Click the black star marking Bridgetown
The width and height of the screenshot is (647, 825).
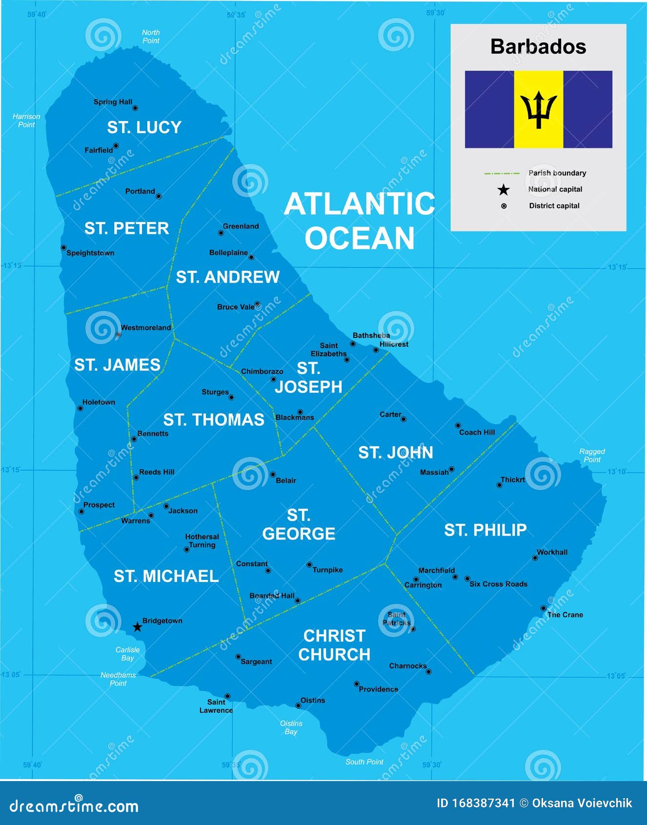[138, 627]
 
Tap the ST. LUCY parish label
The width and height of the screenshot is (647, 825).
[144, 127]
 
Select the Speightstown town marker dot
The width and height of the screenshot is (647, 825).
[63, 248]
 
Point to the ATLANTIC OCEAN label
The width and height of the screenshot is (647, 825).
[360, 221]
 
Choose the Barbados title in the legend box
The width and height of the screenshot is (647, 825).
[538, 47]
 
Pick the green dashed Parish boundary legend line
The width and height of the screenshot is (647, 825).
[502, 173]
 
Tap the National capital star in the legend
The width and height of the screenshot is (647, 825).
[504, 190]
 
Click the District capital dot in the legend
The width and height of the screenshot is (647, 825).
[504, 206]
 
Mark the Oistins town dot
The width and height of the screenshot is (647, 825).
[298, 705]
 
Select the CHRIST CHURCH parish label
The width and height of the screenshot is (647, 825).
[334, 645]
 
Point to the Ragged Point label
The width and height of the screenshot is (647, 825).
[592, 455]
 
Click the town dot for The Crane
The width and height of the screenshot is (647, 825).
[543, 608]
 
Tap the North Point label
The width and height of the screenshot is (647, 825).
[151, 37]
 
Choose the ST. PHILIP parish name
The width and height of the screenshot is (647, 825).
[485, 530]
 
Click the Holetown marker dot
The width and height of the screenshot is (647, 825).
[81, 408]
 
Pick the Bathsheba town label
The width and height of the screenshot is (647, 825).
[371, 335]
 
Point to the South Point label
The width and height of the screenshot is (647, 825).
[364, 762]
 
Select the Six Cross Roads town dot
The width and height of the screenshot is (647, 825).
[467, 578]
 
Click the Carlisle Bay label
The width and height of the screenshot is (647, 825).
[127, 654]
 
